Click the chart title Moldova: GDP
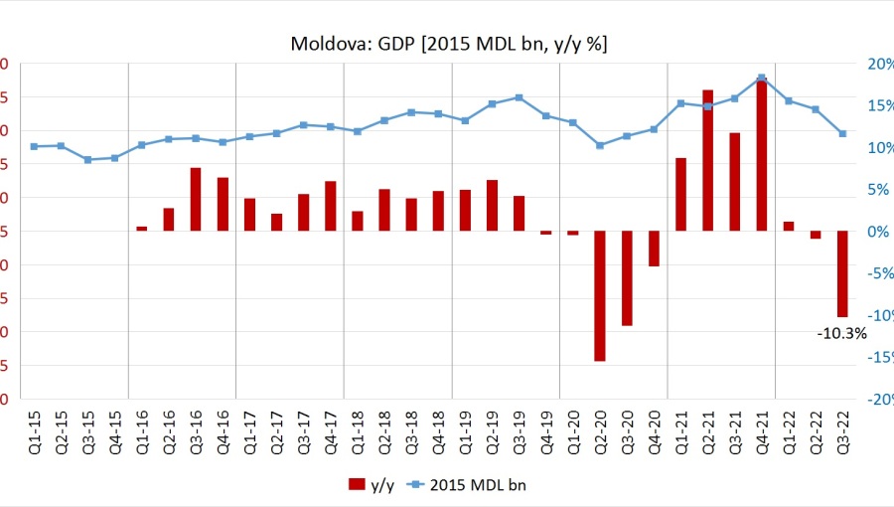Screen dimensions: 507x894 coord(449,44)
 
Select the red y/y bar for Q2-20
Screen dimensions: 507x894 coord(600,295)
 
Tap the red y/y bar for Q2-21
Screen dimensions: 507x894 coord(707,160)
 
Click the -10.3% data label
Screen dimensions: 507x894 coord(841,334)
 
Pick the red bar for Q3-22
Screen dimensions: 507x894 coord(842,273)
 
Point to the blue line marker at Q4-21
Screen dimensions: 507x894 coord(761,78)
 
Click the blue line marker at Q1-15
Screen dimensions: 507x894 coord(34,146)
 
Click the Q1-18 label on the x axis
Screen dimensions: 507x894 coord(358,431)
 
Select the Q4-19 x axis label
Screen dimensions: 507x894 coord(546,431)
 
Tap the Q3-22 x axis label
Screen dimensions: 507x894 coord(842,431)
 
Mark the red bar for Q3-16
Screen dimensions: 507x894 coord(196,199)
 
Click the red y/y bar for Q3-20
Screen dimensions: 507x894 coord(627,277)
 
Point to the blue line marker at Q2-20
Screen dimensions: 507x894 coord(600,145)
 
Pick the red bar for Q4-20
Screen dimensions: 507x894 coord(654,249)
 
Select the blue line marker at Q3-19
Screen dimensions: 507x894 coord(519,97)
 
